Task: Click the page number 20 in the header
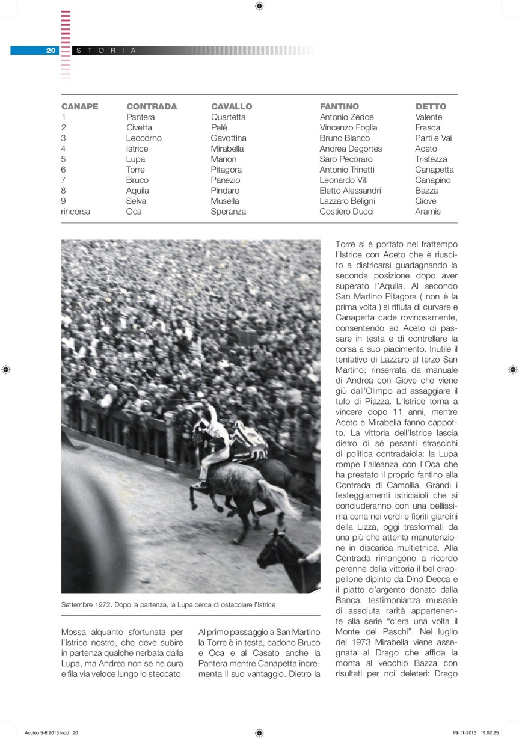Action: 51,51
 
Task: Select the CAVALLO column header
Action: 232,106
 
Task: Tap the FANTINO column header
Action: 339,106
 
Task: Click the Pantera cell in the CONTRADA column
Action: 140,117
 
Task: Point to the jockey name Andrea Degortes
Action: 351,149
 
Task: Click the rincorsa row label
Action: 76,212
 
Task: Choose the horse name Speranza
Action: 228,212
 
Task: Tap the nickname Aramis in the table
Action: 428,212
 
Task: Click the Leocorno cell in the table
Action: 144,138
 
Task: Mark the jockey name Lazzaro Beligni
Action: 347,201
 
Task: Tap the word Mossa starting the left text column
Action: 73,632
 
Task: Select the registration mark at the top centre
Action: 259,6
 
